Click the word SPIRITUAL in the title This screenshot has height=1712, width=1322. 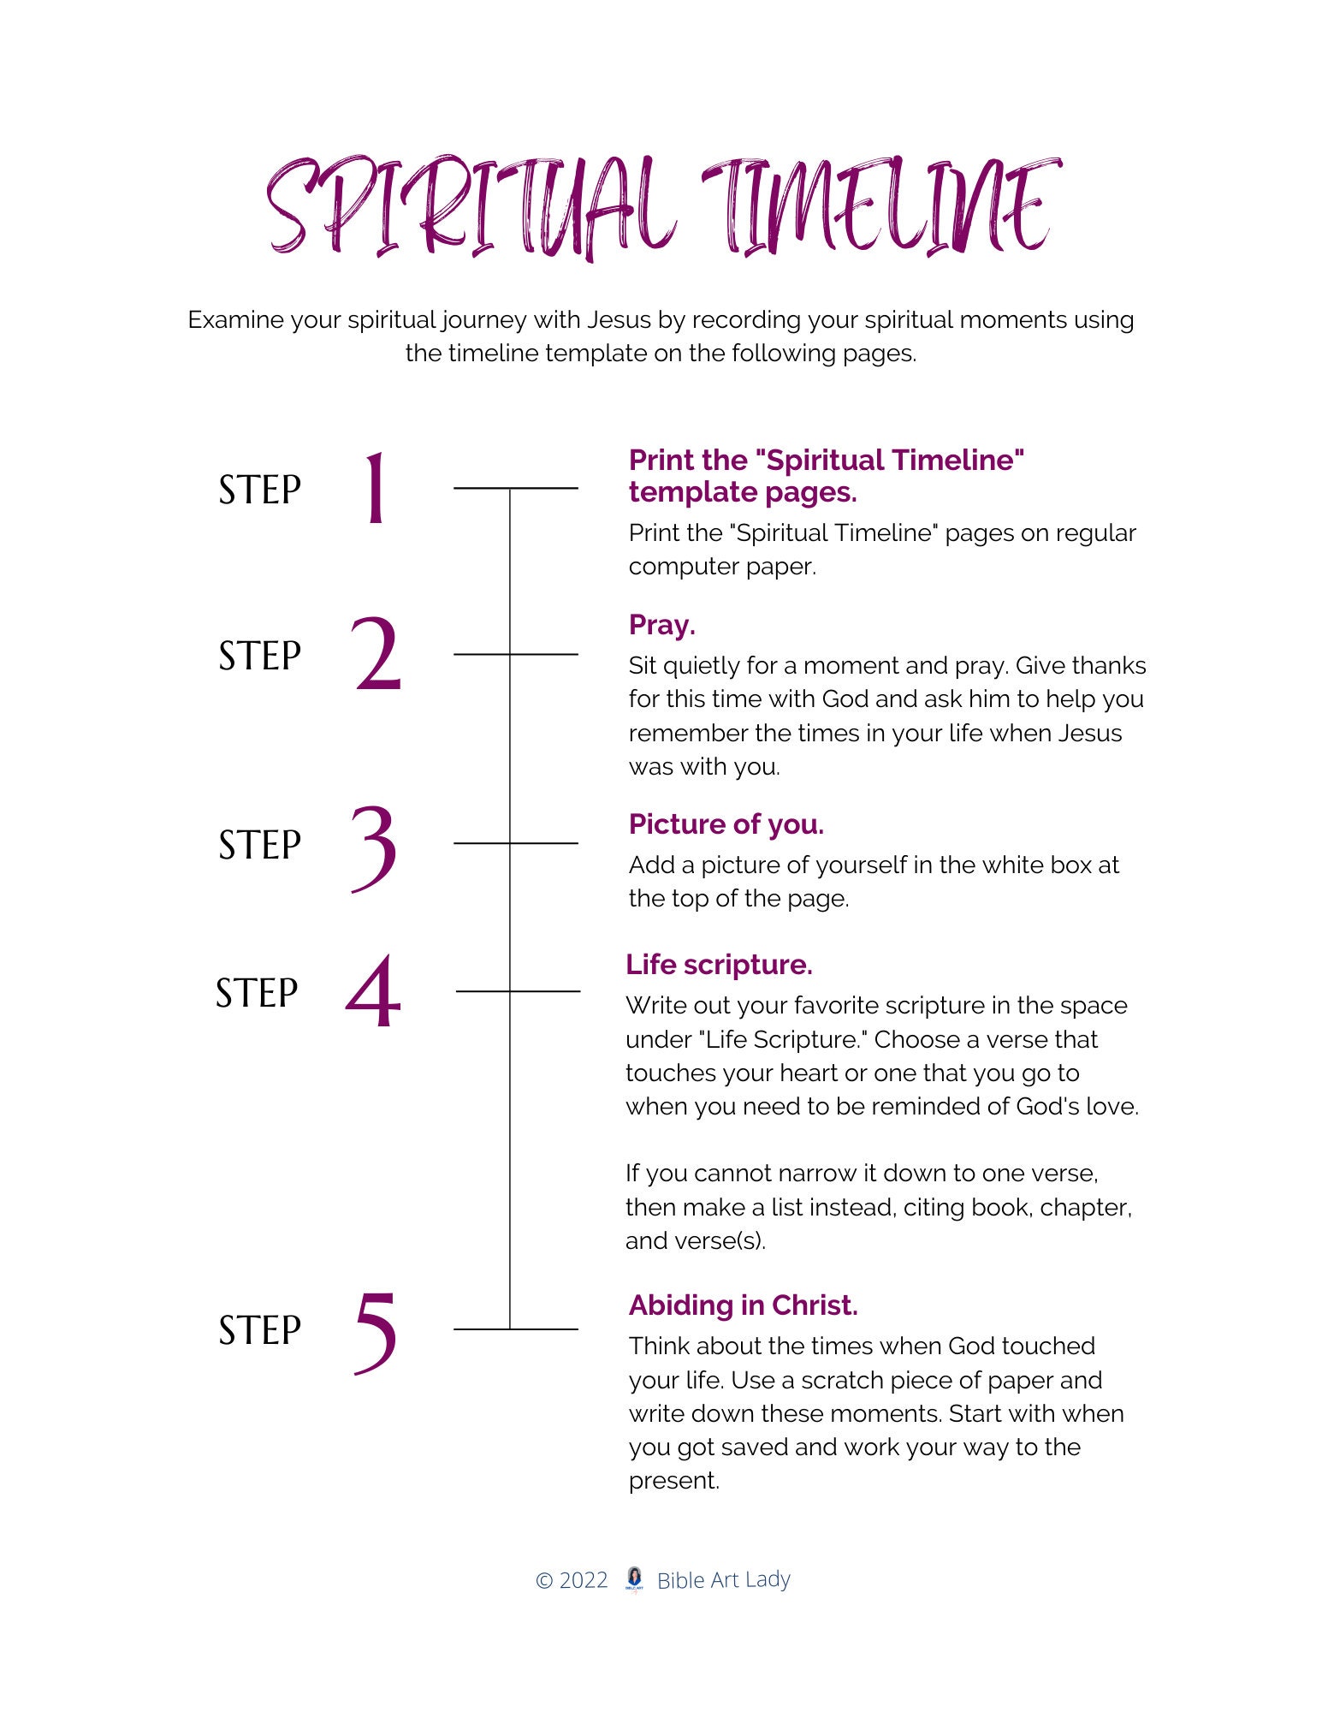(x=466, y=207)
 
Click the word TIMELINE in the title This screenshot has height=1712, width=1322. (x=881, y=207)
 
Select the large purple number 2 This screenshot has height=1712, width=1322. (x=376, y=655)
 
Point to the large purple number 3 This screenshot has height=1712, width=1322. (x=375, y=847)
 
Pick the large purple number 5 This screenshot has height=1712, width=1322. (x=376, y=1332)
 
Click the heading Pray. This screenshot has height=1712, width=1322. (x=661, y=625)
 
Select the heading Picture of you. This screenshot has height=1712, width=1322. (x=726, y=824)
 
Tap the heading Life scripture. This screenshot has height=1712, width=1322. (x=719, y=965)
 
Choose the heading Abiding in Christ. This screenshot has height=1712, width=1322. (x=743, y=1305)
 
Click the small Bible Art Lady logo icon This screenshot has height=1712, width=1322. (x=634, y=1579)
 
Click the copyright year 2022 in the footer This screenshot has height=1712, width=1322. (x=584, y=1580)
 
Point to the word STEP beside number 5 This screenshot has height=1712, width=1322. (x=260, y=1331)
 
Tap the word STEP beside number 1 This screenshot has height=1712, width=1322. (x=260, y=490)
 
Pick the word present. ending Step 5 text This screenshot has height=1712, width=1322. (x=673, y=1481)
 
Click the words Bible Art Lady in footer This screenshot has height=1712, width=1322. (x=724, y=1580)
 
